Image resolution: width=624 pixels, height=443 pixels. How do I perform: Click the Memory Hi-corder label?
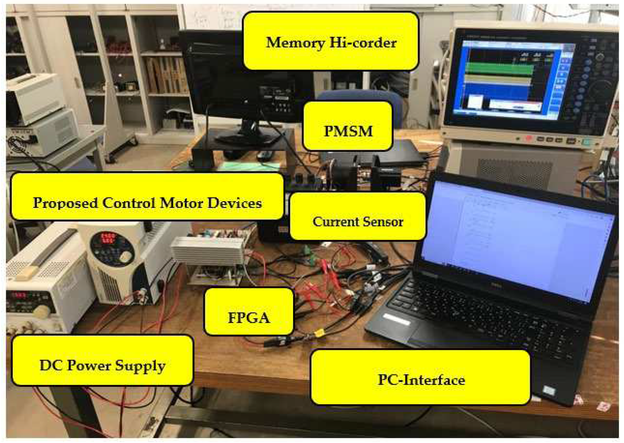(x=331, y=41)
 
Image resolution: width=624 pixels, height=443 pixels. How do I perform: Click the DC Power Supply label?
(x=103, y=360)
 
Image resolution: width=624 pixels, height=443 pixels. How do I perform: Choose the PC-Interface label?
(x=421, y=377)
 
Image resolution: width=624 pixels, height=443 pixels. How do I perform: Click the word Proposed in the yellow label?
(x=65, y=203)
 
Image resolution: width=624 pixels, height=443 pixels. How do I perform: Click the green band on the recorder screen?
(x=499, y=69)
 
